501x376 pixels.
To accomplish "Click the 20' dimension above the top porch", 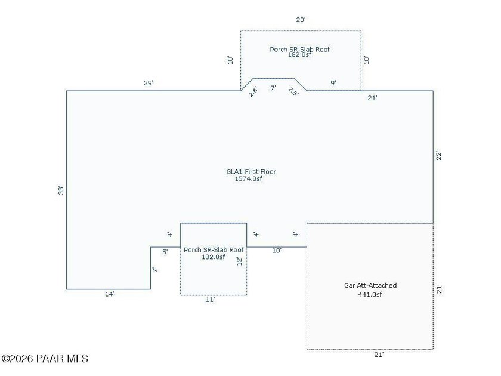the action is coord(301,20).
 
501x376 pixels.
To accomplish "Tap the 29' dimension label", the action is coord(149,83).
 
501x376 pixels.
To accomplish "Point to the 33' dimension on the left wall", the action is coord(61,190).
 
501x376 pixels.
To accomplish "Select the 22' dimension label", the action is coord(439,155).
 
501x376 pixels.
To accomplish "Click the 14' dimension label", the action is coord(110,294).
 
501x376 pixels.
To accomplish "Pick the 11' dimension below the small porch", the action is coord(210,300).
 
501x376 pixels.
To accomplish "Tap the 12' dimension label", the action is coord(240,261).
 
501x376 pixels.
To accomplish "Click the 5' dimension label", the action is coord(165,252).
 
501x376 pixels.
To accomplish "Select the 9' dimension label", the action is coord(333,83).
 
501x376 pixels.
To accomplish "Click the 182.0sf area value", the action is coord(299,55).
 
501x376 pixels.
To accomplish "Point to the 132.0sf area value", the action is coord(213,257).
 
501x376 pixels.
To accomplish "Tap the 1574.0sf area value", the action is coord(248,179).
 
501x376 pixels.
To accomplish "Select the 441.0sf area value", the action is coord(370,294).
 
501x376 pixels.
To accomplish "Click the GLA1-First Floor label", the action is coord(251,172).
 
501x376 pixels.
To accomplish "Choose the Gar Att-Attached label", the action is coord(370,285).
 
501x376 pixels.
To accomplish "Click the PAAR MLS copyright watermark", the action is coord(45,359).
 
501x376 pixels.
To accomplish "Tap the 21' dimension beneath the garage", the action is coord(379,355).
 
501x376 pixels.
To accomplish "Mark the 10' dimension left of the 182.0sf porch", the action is coord(230,60).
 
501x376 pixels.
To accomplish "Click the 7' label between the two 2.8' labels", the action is coord(273,88).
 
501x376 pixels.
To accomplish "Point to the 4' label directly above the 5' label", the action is coord(170,235).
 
